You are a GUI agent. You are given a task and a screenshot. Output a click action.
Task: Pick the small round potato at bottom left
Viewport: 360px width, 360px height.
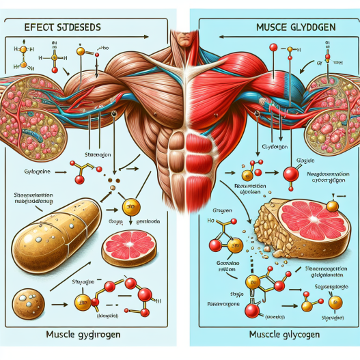[x=30, y=303]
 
